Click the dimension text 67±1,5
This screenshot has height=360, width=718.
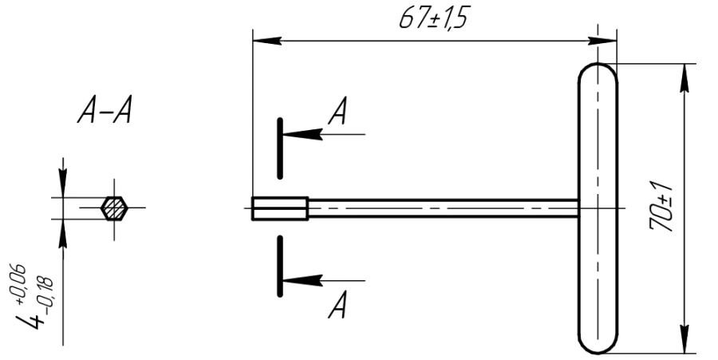433,18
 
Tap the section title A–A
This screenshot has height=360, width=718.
104,114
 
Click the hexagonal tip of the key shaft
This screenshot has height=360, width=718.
279,208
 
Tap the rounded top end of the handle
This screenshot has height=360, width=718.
598,72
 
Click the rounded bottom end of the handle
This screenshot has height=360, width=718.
598,344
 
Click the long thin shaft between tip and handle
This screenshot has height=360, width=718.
439,208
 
